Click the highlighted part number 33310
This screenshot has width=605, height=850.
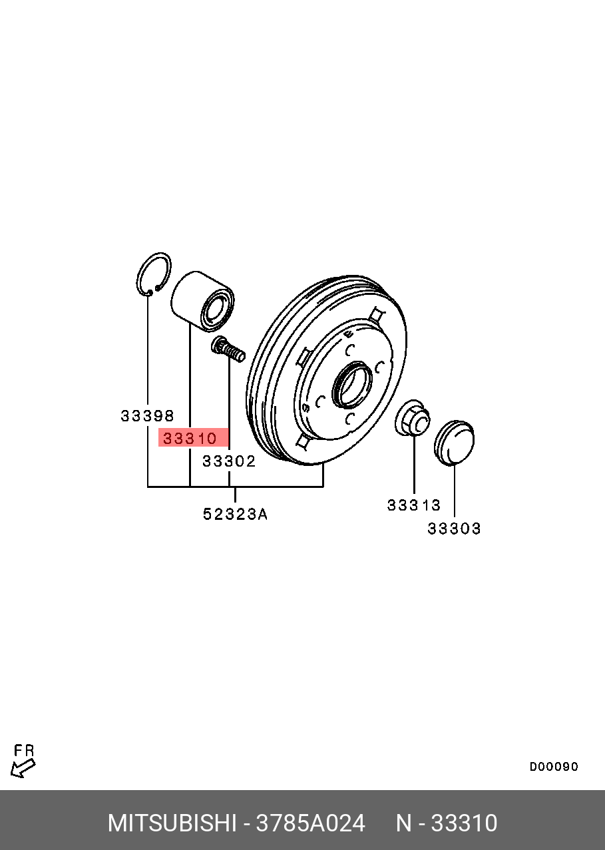(190, 439)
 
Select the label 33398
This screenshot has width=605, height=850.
(147, 416)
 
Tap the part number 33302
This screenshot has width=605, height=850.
(229, 461)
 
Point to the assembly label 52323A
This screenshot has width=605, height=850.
(235, 514)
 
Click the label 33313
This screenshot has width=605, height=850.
(414, 505)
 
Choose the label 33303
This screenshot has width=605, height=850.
(454, 529)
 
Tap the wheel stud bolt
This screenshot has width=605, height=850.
(228, 349)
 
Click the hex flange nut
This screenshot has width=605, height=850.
(413, 419)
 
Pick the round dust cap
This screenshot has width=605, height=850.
(454, 442)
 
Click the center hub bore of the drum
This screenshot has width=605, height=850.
(352, 384)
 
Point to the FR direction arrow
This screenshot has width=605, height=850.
(23, 768)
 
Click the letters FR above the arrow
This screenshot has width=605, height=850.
(24, 750)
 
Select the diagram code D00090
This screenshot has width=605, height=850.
(554, 767)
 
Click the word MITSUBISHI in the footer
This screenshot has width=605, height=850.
(172, 823)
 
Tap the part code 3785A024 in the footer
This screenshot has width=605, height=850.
(310, 823)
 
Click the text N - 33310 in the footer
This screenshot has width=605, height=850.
(447, 823)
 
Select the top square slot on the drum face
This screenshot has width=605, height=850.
(377, 315)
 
